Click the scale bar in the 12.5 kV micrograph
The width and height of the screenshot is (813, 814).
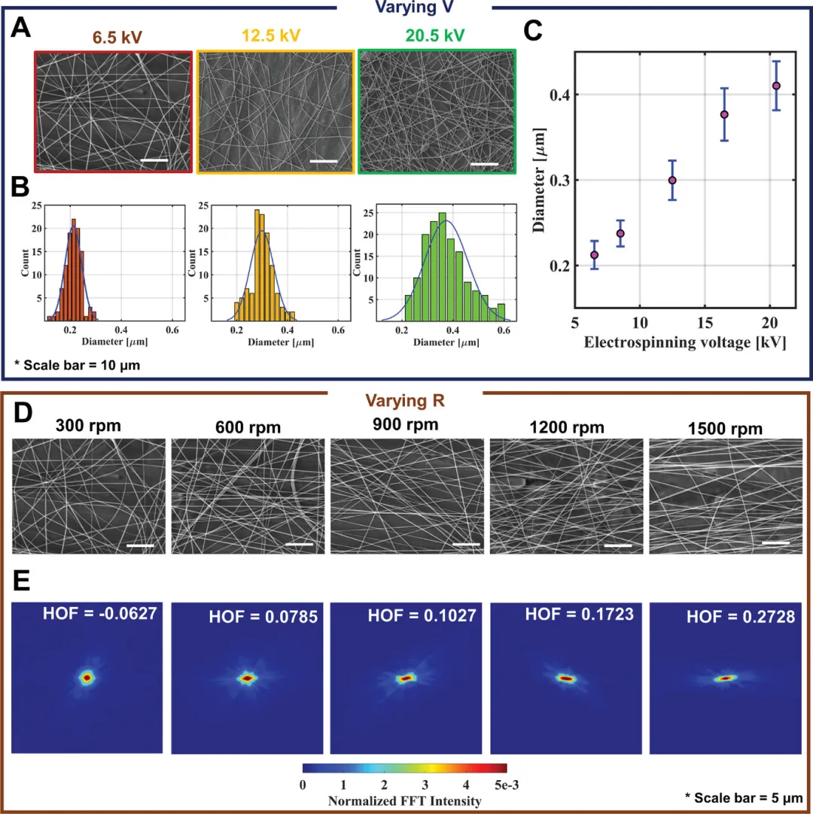324,160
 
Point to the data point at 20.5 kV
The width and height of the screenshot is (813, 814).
775,86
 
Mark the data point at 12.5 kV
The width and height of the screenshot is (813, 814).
672,181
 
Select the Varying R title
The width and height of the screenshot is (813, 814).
406,401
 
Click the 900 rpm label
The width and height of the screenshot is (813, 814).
406,424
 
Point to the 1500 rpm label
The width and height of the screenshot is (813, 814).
725,428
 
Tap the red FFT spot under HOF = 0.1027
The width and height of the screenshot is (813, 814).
406,678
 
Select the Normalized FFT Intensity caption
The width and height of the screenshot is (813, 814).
405,801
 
